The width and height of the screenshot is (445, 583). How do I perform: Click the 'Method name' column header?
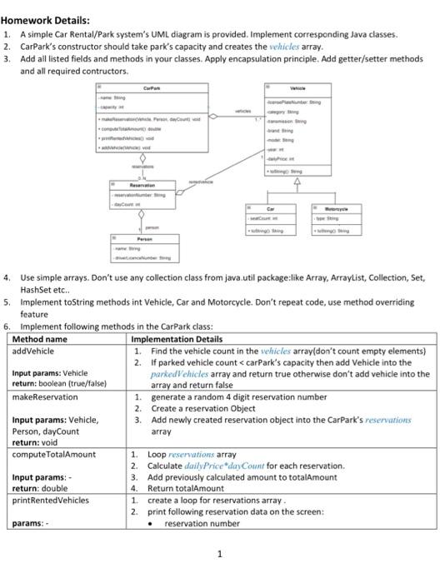point(40,340)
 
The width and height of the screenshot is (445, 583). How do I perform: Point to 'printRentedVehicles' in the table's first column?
point(51,500)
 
